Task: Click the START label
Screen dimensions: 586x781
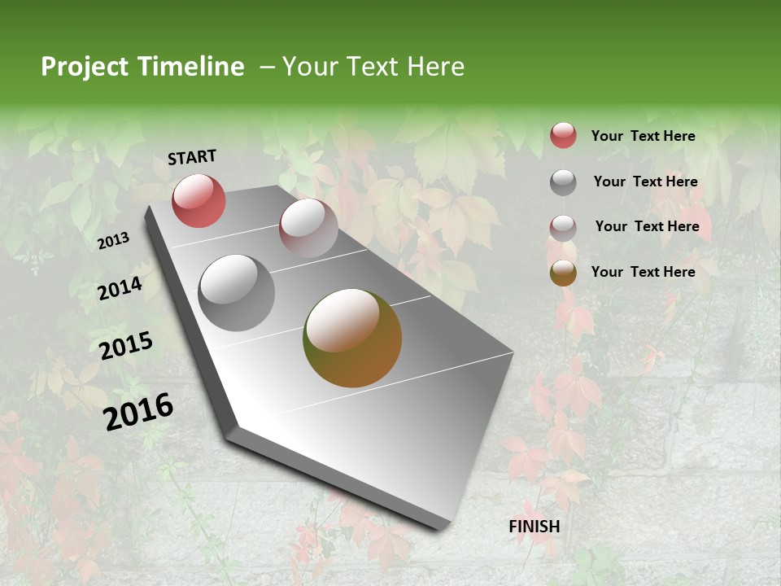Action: click(192, 157)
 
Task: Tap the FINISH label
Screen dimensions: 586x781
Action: click(534, 527)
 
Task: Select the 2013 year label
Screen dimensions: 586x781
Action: click(113, 241)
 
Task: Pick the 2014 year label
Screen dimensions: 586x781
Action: click(120, 289)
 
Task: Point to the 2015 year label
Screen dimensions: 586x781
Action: click(126, 346)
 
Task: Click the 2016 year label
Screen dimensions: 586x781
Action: click(138, 412)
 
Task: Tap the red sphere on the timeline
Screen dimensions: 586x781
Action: click(199, 201)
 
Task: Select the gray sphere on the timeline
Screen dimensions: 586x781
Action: click(236, 293)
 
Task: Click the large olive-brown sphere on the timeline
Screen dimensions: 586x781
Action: click(352, 338)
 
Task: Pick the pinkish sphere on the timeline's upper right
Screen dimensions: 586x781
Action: click(308, 229)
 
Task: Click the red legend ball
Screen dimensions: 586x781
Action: click(563, 136)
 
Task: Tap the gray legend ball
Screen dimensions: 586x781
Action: click(563, 182)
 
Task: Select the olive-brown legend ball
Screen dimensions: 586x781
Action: click(563, 273)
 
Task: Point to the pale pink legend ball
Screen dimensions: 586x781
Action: click(563, 228)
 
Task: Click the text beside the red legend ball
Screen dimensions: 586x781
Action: click(643, 136)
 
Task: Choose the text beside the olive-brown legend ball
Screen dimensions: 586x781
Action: click(643, 272)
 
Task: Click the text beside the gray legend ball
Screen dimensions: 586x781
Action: click(645, 181)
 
